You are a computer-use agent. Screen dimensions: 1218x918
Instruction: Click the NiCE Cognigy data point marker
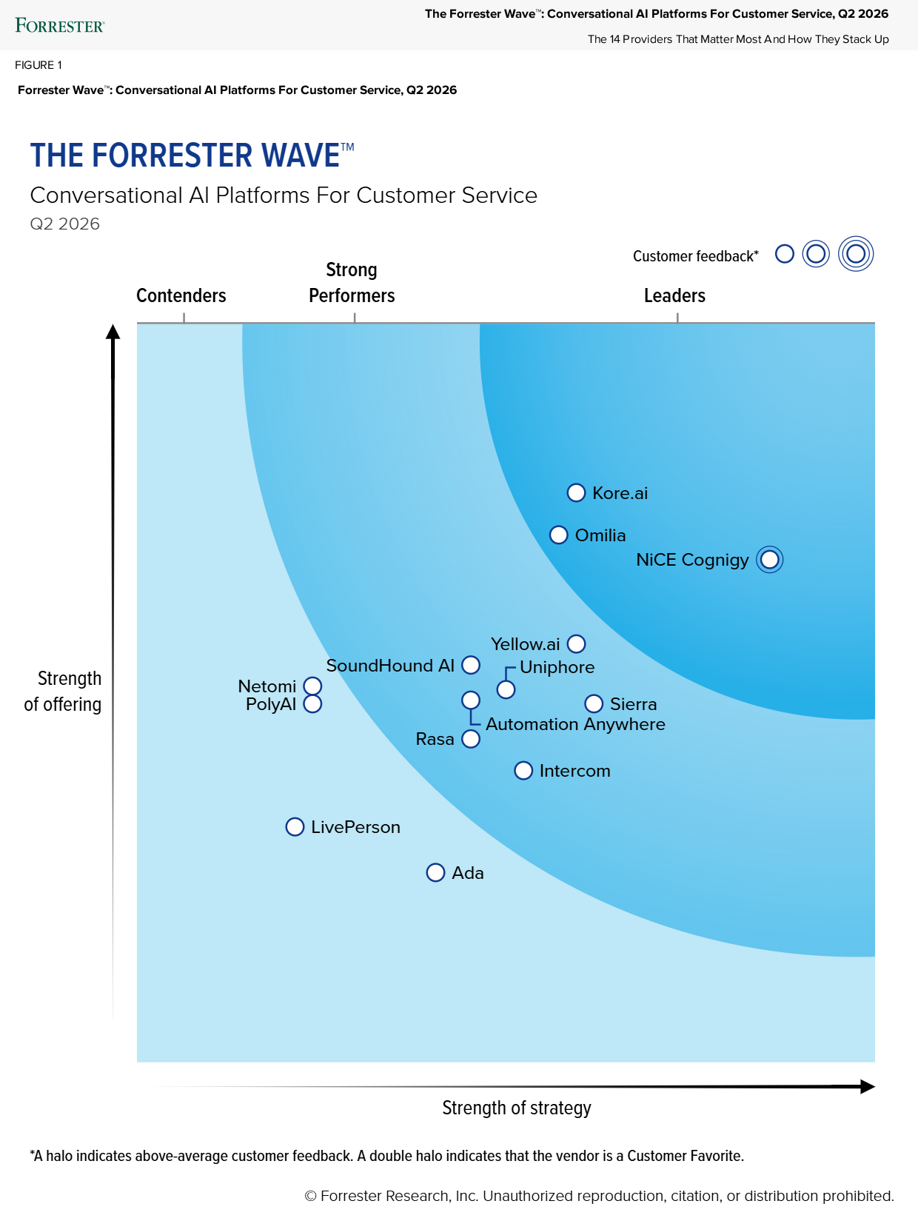tap(769, 560)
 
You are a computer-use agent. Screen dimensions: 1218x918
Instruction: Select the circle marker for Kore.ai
tap(576, 493)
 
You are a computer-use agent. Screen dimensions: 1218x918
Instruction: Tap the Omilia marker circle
tap(559, 535)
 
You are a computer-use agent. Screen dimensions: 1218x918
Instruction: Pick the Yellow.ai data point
tap(576, 644)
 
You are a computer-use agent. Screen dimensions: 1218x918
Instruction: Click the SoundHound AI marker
tap(471, 665)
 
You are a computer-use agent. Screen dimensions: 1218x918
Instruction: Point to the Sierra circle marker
tap(594, 703)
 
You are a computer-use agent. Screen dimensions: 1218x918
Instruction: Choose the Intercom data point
tap(523, 771)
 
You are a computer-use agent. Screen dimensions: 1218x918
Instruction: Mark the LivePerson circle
tap(295, 827)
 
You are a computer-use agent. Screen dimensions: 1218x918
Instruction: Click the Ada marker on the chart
tap(435, 873)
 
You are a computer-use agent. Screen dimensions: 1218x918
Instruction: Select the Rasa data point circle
tap(471, 739)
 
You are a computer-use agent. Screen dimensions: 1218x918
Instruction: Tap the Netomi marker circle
tap(313, 686)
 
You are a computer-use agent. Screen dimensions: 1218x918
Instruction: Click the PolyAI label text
tap(271, 704)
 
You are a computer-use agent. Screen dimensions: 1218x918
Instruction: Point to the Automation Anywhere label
tap(575, 724)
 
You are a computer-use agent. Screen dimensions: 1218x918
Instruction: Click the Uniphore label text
tap(557, 667)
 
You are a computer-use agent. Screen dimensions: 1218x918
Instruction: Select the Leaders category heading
tap(674, 295)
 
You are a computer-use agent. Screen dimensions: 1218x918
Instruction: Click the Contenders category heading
tap(181, 295)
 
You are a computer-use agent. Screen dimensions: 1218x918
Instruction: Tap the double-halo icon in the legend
tap(856, 254)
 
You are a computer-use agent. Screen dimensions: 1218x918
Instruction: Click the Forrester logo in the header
tap(60, 26)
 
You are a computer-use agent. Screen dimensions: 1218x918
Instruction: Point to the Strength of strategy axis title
tap(517, 1108)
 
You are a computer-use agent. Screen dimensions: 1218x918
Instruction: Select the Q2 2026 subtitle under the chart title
tap(65, 224)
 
